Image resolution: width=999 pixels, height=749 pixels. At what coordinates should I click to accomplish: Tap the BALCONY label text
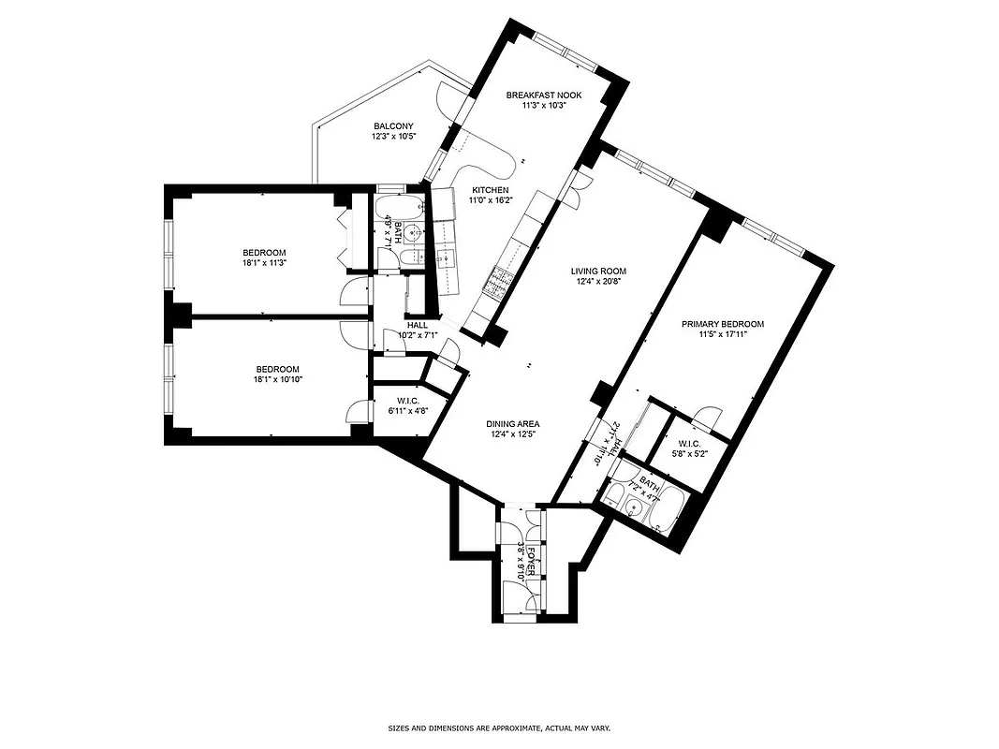click(x=393, y=126)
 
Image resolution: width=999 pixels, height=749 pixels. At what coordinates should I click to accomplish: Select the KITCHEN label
click(x=490, y=190)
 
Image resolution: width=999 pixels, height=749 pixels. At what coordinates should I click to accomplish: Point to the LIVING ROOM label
click(x=598, y=272)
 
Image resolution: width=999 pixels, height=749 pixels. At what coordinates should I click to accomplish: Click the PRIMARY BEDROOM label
click(x=722, y=324)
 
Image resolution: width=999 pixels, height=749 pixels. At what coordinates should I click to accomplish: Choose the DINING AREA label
click(x=512, y=423)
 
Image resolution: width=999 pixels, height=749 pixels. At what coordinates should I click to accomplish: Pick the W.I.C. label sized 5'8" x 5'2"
click(x=688, y=444)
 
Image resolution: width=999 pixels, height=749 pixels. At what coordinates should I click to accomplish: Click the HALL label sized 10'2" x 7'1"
click(x=418, y=326)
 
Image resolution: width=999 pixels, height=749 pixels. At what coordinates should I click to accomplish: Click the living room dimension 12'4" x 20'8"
click(x=598, y=283)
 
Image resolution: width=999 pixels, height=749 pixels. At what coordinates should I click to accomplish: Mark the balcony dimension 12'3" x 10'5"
click(x=393, y=137)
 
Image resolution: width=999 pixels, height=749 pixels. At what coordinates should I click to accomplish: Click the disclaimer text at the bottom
click(x=499, y=727)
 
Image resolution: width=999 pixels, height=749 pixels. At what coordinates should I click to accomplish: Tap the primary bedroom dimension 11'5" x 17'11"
click(x=722, y=335)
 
